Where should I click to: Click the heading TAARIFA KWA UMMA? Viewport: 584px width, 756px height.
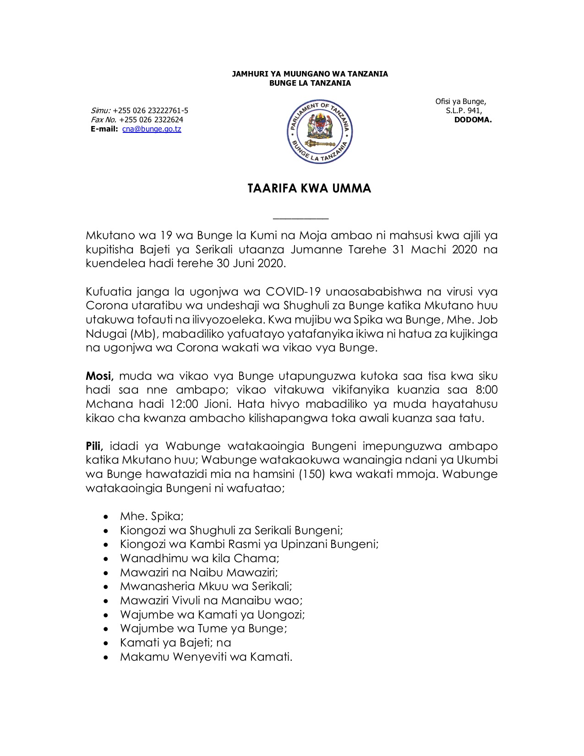[x=309, y=188]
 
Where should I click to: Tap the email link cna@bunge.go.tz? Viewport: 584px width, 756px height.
[x=152, y=129]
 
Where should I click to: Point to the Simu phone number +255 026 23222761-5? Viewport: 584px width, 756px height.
[x=150, y=110]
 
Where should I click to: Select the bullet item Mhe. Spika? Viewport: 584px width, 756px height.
[x=152, y=516]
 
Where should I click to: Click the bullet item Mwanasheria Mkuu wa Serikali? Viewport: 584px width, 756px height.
[x=206, y=586]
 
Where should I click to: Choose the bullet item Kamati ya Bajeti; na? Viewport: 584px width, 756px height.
[x=175, y=642]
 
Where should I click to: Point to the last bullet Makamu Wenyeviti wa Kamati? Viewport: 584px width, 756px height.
[x=206, y=657]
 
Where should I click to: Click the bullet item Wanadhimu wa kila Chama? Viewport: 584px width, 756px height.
[x=200, y=558]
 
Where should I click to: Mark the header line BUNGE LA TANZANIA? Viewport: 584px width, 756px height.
[x=310, y=83]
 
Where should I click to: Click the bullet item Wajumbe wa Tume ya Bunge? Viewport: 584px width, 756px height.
[x=203, y=628]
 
